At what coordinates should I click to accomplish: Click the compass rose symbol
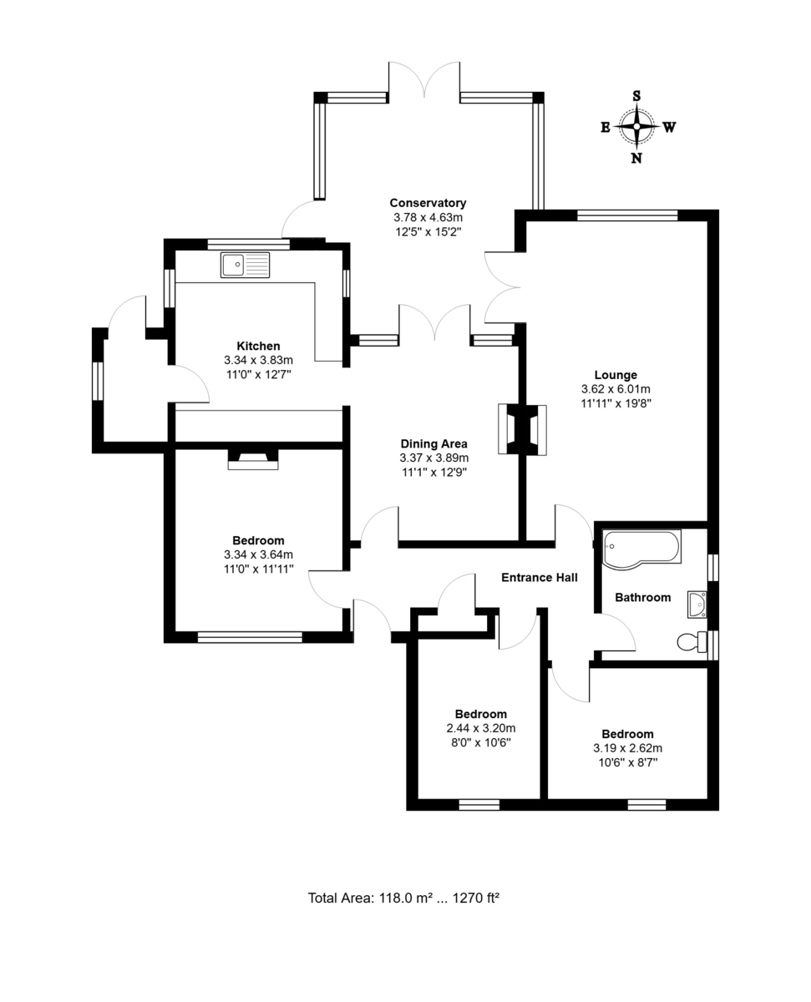click(x=636, y=127)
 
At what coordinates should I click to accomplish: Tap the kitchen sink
click(x=246, y=266)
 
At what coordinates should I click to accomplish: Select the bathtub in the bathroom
click(x=641, y=549)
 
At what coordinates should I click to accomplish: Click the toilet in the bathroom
click(x=690, y=642)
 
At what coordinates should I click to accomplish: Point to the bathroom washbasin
click(x=697, y=603)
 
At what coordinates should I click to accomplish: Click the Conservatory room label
click(x=428, y=203)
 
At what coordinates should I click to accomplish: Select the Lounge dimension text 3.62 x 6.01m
click(x=616, y=389)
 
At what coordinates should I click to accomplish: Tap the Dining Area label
click(x=433, y=443)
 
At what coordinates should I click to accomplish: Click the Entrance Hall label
click(x=539, y=577)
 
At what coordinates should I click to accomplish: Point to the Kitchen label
click(x=258, y=346)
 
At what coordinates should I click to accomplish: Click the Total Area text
click(x=403, y=898)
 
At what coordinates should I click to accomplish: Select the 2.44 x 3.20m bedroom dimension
click(x=480, y=728)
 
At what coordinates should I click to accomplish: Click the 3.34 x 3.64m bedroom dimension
click(x=258, y=554)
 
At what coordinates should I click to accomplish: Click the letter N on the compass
click(x=636, y=159)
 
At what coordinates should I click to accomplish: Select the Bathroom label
click(x=642, y=597)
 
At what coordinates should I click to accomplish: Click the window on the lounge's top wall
click(x=626, y=215)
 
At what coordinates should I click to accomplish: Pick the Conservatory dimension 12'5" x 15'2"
click(x=428, y=231)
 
